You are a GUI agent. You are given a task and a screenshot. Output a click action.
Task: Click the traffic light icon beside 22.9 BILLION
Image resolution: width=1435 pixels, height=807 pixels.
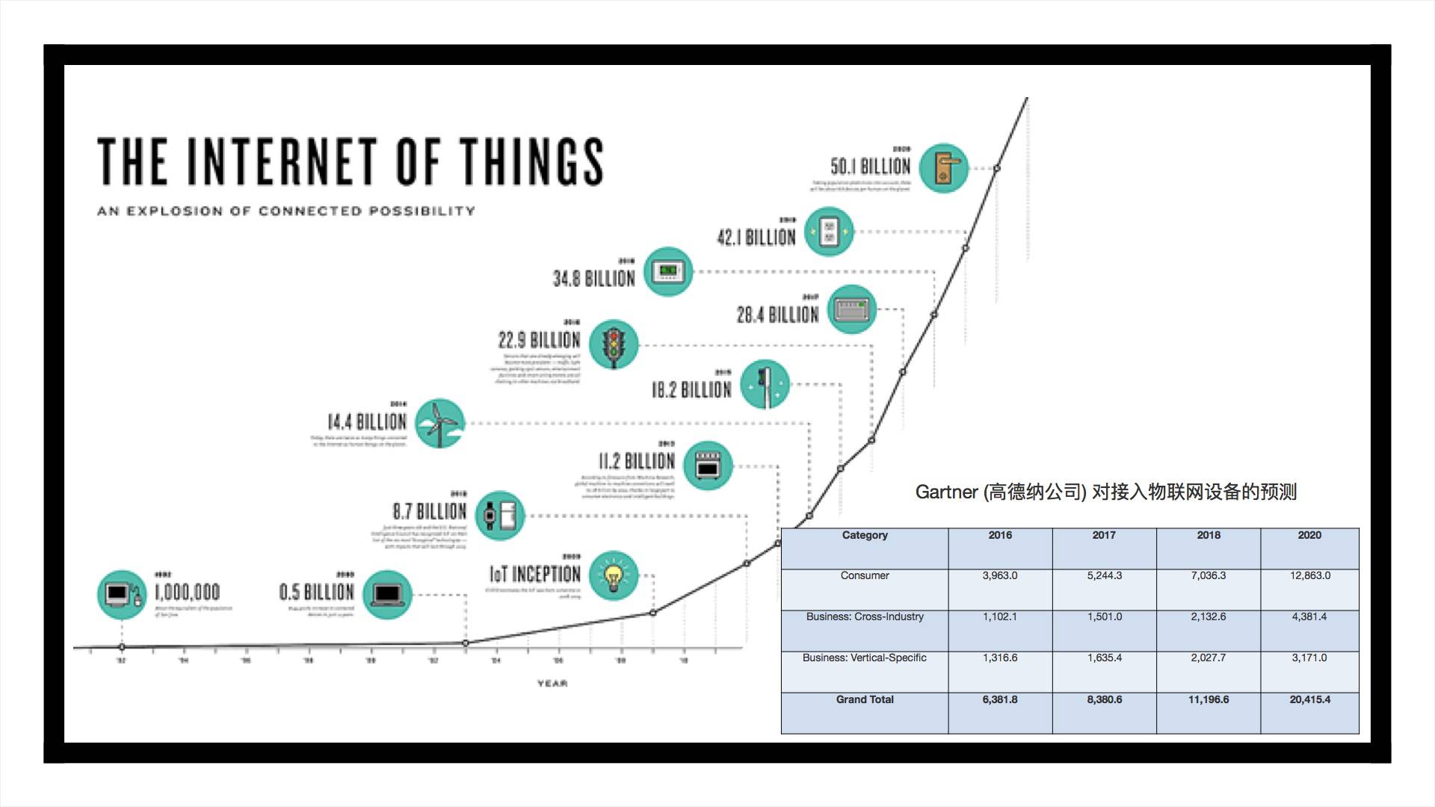(x=614, y=344)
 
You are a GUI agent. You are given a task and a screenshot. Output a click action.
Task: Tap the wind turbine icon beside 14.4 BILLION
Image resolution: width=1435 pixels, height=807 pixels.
(x=439, y=423)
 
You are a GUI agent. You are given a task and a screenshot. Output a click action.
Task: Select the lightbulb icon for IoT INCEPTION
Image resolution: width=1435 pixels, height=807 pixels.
(x=614, y=576)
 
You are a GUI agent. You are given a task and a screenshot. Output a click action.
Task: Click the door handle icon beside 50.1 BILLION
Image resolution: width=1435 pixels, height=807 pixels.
(x=943, y=168)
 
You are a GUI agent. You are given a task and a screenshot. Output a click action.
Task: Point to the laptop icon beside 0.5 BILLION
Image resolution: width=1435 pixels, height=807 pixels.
(x=387, y=595)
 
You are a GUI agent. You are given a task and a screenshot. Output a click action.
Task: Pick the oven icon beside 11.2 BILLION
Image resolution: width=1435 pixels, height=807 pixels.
(x=707, y=465)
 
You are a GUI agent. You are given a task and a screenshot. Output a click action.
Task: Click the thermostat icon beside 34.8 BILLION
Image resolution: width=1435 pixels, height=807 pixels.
(x=668, y=271)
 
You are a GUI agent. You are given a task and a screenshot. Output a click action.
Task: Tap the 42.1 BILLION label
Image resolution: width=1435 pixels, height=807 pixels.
(x=756, y=238)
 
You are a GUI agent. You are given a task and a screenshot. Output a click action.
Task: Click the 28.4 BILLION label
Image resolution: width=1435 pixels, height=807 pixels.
(x=777, y=315)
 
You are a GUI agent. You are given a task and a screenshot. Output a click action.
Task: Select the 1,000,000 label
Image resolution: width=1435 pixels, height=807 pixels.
(x=187, y=593)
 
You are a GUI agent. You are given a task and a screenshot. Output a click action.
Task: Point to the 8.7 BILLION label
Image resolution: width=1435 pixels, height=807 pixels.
(x=429, y=512)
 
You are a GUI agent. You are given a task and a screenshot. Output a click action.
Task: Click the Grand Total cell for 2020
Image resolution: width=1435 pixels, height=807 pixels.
(x=1309, y=699)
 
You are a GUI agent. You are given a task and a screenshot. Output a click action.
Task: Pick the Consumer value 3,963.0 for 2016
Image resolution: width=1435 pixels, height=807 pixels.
(x=1000, y=575)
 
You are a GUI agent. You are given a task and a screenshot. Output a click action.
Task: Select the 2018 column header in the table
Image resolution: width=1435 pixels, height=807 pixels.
(x=1209, y=535)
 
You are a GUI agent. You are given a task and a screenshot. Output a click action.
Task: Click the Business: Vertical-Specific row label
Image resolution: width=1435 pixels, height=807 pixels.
(x=864, y=658)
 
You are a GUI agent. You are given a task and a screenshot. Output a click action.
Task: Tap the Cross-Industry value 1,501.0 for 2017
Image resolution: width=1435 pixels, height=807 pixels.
(x=1104, y=616)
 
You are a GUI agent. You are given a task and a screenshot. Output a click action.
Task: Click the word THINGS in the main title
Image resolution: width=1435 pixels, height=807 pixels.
(x=531, y=161)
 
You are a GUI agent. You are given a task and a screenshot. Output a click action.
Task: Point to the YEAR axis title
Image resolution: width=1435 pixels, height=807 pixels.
(x=552, y=684)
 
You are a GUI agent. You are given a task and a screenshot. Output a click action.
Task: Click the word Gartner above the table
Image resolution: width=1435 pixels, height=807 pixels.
(x=946, y=492)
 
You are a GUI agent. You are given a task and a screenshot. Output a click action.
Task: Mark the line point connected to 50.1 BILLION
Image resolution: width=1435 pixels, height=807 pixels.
(x=996, y=169)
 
